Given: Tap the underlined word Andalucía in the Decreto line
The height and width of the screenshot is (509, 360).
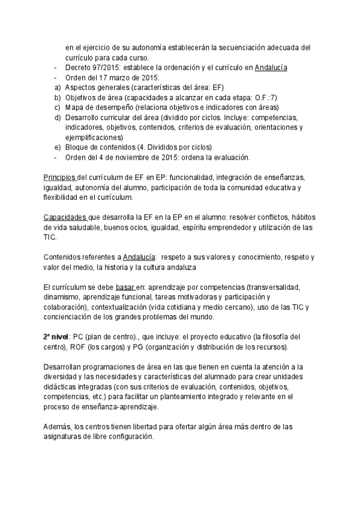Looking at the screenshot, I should click(271, 68).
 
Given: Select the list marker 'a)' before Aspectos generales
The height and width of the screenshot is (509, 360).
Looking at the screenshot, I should click(57, 88).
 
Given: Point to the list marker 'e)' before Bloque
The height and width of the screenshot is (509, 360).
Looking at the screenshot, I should click(57, 148).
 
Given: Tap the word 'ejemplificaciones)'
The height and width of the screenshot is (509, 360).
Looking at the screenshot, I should click(94, 137).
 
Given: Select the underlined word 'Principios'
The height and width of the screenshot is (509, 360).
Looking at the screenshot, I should click(60, 178).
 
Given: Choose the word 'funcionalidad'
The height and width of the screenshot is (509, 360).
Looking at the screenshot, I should click(189, 178).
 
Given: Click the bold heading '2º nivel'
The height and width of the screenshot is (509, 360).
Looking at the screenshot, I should click(58, 336).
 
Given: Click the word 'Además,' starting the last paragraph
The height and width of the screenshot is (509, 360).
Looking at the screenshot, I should click(58, 426).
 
